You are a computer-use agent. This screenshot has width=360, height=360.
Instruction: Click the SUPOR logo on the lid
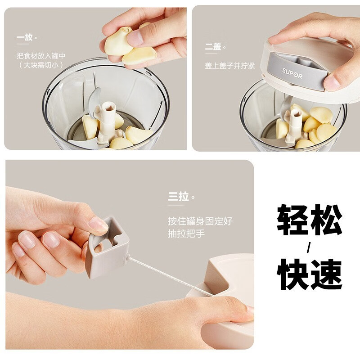[x=292, y=73]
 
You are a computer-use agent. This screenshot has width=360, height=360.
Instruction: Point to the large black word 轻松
[x=309, y=220]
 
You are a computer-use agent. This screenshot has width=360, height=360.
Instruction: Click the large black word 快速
[x=309, y=274]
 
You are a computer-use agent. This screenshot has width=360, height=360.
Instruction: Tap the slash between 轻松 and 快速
[x=309, y=248]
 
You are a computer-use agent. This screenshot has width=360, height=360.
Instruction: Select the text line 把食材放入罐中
[x=41, y=55]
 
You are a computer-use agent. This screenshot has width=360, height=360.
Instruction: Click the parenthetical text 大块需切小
[x=40, y=65]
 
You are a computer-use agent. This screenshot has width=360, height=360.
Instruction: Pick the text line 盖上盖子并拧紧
[x=230, y=66]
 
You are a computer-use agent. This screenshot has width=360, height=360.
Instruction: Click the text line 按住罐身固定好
[x=200, y=221]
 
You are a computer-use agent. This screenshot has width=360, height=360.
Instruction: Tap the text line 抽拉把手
[x=186, y=234]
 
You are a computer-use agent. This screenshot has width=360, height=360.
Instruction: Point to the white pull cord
[x=170, y=276]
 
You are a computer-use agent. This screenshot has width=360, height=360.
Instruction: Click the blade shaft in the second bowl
[x=294, y=125]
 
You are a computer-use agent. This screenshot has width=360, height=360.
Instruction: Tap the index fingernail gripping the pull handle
[x=98, y=224]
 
